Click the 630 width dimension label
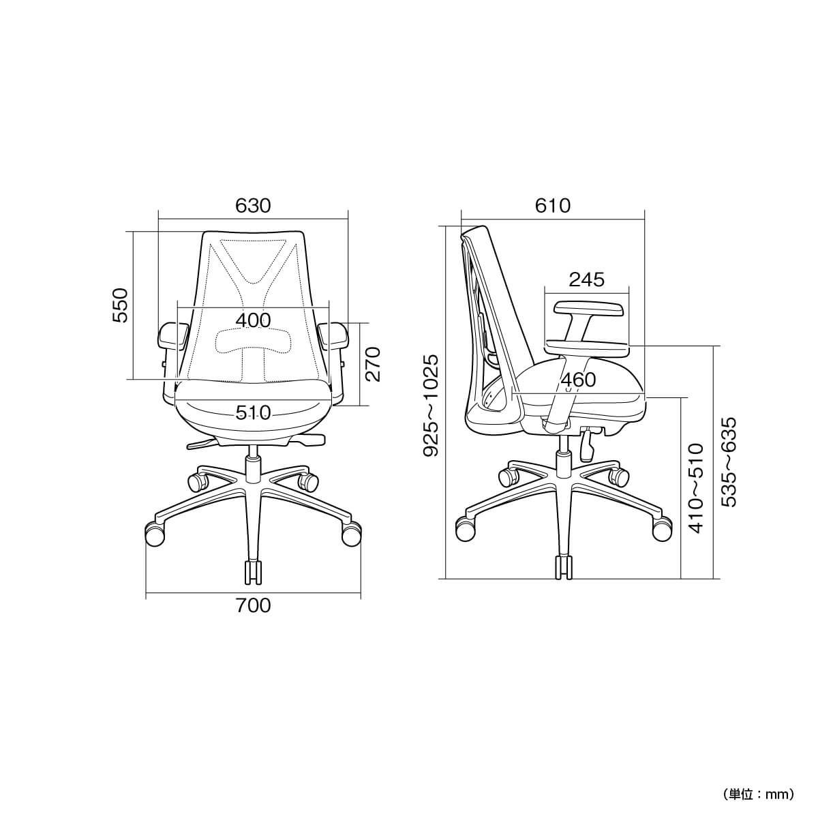coord(253,206)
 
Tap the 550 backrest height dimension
coord(120,305)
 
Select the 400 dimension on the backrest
coord(253,320)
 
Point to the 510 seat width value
coord(253,412)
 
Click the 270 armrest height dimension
coord(373,364)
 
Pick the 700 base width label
coord(254,606)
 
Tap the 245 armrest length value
coord(587,279)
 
